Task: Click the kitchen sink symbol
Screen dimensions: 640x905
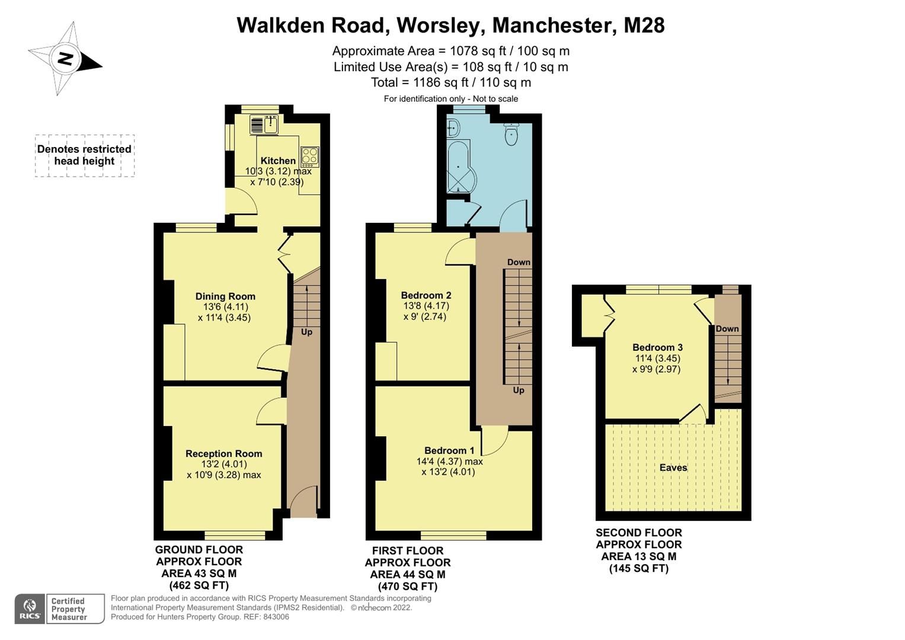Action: pyautogui.click(x=264, y=125)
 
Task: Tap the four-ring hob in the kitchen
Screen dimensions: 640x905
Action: pyautogui.click(x=309, y=156)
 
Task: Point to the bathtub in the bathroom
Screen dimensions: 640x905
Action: pyautogui.click(x=459, y=166)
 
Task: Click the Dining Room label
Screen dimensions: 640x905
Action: pyautogui.click(x=225, y=296)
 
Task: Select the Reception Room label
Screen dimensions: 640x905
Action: pyautogui.click(x=223, y=453)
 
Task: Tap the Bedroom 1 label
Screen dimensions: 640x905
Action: pyautogui.click(x=449, y=450)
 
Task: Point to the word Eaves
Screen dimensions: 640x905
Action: pyautogui.click(x=673, y=468)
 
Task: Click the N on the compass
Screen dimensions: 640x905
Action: pyautogui.click(x=65, y=59)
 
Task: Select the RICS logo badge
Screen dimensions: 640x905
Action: pyautogui.click(x=29, y=609)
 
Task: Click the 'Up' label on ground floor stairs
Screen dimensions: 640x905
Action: pyautogui.click(x=306, y=332)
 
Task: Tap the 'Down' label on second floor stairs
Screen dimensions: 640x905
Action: pyautogui.click(x=727, y=329)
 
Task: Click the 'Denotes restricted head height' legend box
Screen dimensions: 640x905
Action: pyautogui.click(x=84, y=155)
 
